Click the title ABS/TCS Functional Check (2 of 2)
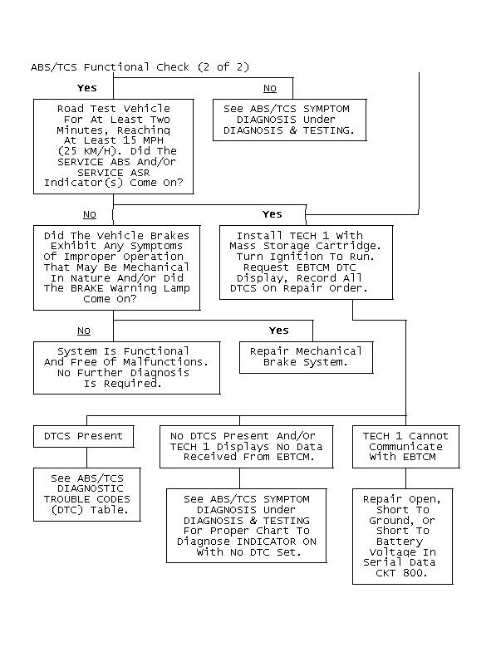pyautogui.click(x=140, y=66)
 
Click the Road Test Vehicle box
pyautogui.click(x=114, y=146)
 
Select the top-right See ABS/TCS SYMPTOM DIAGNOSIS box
pyautogui.click(x=290, y=120)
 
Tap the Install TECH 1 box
pyautogui.click(x=307, y=262)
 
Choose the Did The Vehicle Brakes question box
pyautogui.click(x=117, y=267)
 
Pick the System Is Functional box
pyautogui.click(x=126, y=368)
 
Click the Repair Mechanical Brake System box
pyautogui.click(x=307, y=357)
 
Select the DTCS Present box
pyautogui.click(x=84, y=437)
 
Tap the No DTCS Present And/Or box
pyautogui.click(x=246, y=447)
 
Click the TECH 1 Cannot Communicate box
pyautogui.click(x=405, y=447)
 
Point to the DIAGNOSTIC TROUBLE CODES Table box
pyautogui.click(x=87, y=495)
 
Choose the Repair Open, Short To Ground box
pyautogui.click(x=403, y=537)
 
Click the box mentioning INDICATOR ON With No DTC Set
pyautogui.click(x=246, y=526)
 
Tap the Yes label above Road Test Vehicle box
pyautogui.click(x=86, y=88)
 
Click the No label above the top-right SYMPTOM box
pyautogui.click(x=270, y=88)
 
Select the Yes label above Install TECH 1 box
pyautogui.click(x=273, y=214)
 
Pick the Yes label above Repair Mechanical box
pyautogui.click(x=279, y=331)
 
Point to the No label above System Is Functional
pyautogui.click(x=84, y=331)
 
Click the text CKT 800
pyautogui.click(x=401, y=573)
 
